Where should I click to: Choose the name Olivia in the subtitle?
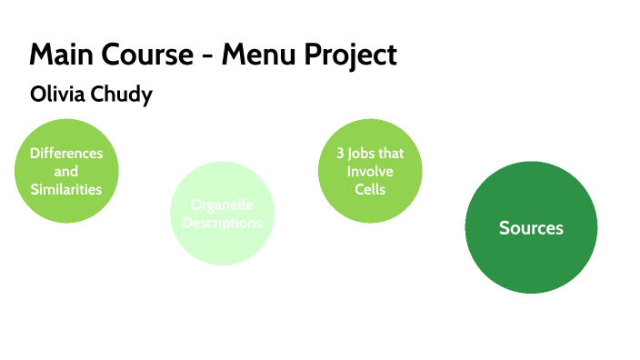[58, 95]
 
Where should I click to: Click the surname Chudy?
[121, 95]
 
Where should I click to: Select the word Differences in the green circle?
[66, 153]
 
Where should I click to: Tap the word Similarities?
[66, 189]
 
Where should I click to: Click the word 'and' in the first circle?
[66, 171]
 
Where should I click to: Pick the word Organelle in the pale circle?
[222, 205]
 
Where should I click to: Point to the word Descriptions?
[222, 223]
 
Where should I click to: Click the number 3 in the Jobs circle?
[328, 154]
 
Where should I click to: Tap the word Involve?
[370, 172]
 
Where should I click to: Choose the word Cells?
[370, 190]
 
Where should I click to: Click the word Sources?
[531, 228]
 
